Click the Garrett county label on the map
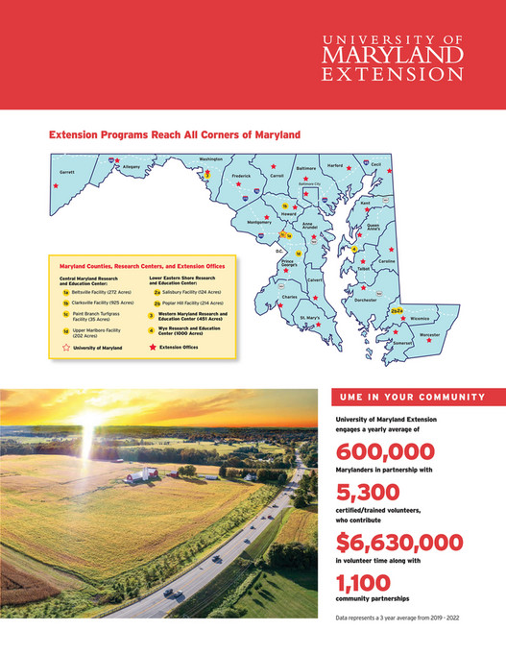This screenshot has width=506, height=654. pos(66,173)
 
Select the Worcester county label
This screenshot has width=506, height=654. pos(429,334)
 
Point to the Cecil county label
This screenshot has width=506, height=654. pos(376,164)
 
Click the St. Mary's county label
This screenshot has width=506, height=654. pos(310,317)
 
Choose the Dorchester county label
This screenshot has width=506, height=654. pos(366,301)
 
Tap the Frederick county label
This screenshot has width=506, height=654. pos(241,176)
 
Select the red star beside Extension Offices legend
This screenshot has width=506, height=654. pos(152,348)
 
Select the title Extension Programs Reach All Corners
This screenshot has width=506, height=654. pos(175,135)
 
